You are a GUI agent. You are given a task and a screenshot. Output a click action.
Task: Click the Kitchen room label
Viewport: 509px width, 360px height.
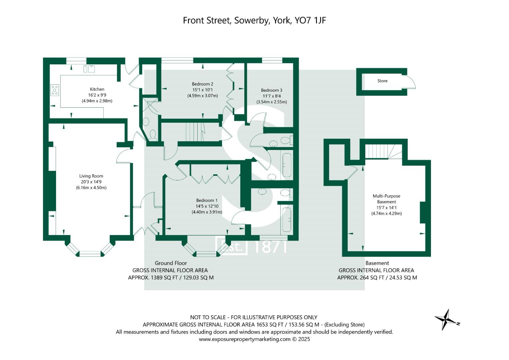pyautogui.click(x=97, y=89)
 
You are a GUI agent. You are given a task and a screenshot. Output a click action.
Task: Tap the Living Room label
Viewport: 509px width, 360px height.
pyautogui.click(x=91, y=176)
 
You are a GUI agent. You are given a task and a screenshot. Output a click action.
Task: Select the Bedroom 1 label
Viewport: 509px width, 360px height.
pyautogui.click(x=207, y=200)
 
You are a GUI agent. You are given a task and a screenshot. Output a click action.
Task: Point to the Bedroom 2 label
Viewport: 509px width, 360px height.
pyautogui.click(x=202, y=84)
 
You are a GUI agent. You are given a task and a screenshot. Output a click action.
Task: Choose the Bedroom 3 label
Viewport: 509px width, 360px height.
pyautogui.click(x=271, y=90)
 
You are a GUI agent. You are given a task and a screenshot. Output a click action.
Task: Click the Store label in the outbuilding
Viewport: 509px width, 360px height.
pyautogui.click(x=382, y=81)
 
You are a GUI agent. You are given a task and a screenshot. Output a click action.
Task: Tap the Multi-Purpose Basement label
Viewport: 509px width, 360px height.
pyautogui.click(x=386, y=199)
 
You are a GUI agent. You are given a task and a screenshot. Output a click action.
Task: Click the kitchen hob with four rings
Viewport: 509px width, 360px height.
pyautogui.click(x=55, y=90)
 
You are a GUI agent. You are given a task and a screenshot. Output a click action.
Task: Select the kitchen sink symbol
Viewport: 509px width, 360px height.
pyautogui.click(x=89, y=69)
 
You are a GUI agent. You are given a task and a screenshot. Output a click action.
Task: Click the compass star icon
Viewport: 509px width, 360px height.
pyautogui.click(x=447, y=319)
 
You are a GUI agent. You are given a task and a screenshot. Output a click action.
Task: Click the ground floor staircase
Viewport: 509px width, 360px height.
pyautogui.click(x=195, y=132)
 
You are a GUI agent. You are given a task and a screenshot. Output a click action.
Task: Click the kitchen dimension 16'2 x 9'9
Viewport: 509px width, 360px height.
pyautogui.click(x=97, y=95)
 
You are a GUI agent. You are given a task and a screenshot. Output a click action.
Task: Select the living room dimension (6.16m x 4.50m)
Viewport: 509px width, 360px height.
pyautogui.click(x=91, y=188)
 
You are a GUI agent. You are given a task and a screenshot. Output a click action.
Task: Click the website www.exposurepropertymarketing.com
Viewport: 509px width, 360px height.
pyautogui.click(x=245, y=339)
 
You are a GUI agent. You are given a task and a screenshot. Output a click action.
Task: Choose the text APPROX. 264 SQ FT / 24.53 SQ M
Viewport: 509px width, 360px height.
pyautogui.click(x=377, y=277)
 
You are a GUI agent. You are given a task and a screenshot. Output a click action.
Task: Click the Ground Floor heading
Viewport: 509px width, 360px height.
pyautogui.click(x=171, y=263)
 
